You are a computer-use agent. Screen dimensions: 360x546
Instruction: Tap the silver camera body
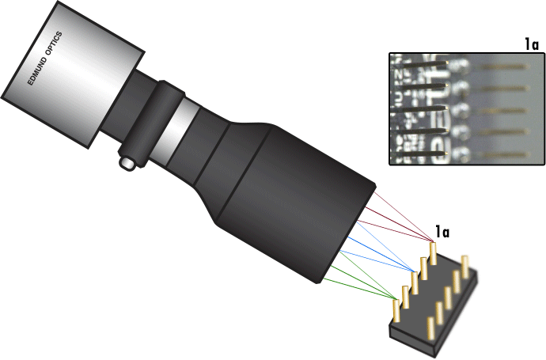tap(75, 75)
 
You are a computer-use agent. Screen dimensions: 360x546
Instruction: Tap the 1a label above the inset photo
tap(532, 45)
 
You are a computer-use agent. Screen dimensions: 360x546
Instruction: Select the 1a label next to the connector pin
tap(442, 233)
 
